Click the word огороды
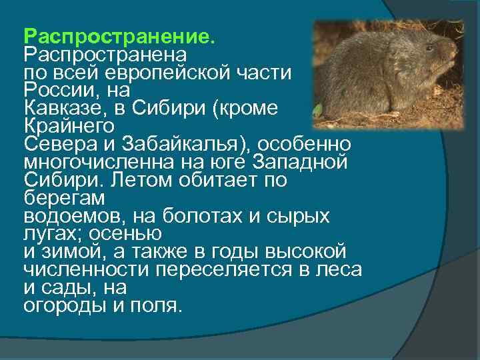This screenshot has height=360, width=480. [61, 306]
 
